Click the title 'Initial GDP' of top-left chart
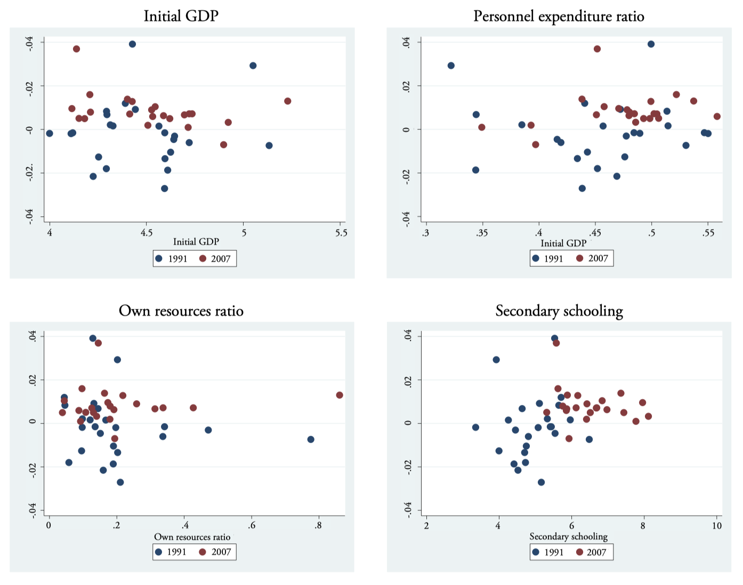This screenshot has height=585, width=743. (181, 16)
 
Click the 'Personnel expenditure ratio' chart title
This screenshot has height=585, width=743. (559, 17)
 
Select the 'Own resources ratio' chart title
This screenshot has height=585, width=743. (181, 311)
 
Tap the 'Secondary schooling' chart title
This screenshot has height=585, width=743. (559, 311)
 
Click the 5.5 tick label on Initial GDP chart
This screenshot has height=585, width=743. (341, 233)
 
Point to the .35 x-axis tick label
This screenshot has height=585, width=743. (482, 233)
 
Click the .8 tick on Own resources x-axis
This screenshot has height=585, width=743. (318, 526)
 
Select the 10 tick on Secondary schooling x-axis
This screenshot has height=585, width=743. (717, 526)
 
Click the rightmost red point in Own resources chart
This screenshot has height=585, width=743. (340, 395)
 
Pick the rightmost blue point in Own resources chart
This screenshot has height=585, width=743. (311, 440)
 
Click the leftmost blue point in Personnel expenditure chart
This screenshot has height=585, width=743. (451, 66)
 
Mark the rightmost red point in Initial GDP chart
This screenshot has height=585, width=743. (288, 101)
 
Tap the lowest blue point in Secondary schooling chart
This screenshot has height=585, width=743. (542, 482)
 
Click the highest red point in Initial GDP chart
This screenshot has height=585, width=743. (76, 49)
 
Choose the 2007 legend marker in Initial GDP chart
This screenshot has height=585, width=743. (203, 259)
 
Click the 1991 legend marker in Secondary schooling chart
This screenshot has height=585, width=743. (536, 552)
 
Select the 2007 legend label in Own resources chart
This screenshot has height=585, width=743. (221, 552)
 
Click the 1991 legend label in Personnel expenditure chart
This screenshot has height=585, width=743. (553, 259)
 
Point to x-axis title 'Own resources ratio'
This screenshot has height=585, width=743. (192, 537)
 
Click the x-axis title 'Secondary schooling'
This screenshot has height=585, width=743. (568, 537)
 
